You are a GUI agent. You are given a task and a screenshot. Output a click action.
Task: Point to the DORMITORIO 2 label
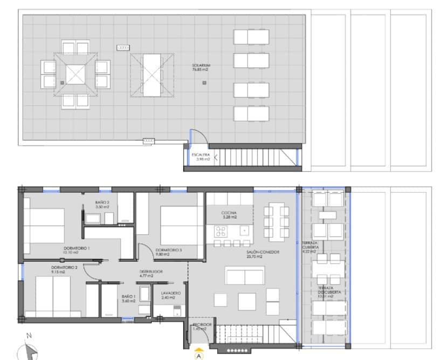point(65,270)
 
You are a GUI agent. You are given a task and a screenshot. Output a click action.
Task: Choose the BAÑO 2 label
point(102,205)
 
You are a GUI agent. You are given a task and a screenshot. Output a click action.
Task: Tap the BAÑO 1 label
point(128,299)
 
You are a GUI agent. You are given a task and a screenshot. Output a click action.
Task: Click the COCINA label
point(229,215)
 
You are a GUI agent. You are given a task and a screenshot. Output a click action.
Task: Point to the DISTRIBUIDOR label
point(151,274)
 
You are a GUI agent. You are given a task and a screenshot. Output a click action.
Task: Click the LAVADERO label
point(170,295)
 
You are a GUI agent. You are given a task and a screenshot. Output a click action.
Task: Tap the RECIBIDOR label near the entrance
point(203,327)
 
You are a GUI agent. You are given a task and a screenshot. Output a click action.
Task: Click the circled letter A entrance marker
point(200,355)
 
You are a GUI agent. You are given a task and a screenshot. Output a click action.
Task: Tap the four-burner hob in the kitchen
point(221,232)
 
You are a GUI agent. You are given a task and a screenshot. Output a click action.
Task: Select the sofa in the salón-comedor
point(245,276)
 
